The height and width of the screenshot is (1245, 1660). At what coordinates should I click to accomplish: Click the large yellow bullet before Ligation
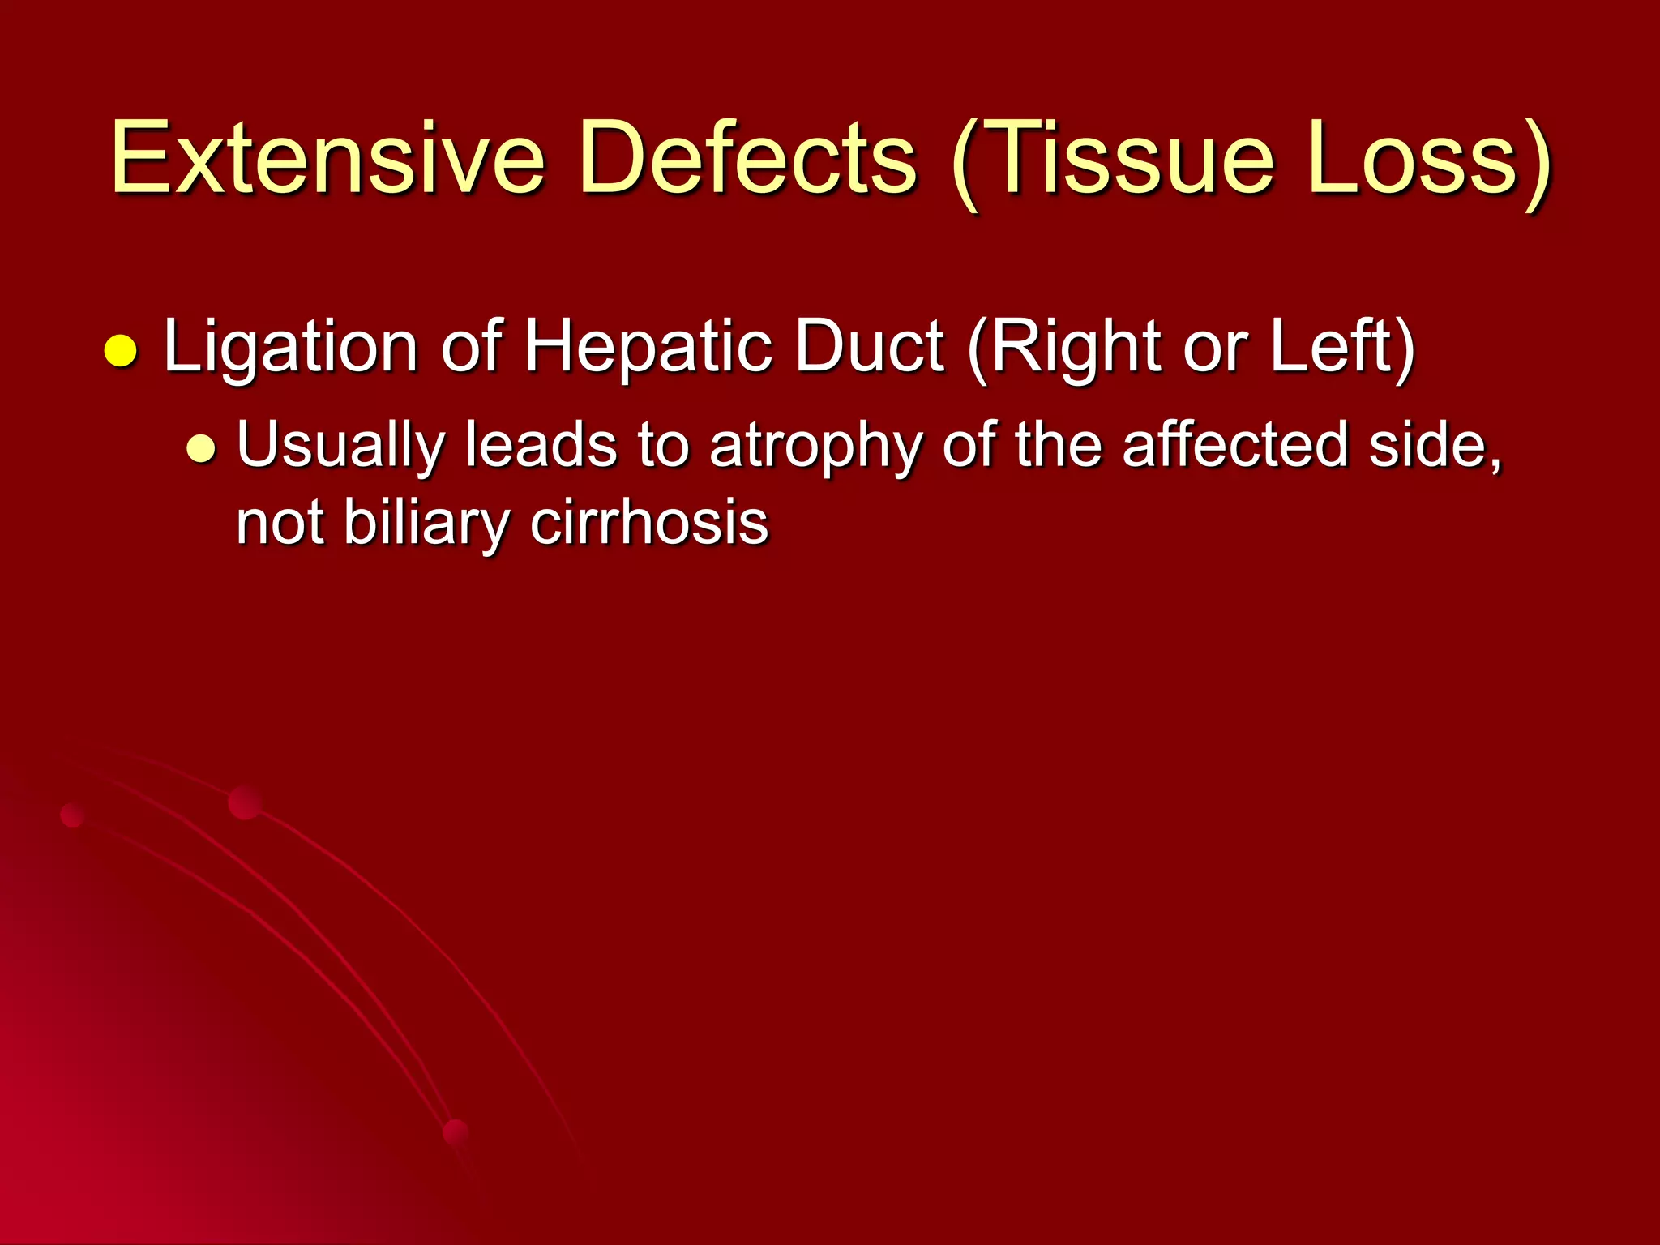121,351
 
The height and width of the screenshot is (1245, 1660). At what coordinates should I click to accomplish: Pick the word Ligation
290,348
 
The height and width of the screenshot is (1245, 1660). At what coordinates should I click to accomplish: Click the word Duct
869,346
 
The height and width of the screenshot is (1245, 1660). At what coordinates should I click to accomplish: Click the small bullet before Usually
201,448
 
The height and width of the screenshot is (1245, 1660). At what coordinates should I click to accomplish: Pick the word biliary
426,524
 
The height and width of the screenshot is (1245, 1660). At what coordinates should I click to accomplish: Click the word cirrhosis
648,522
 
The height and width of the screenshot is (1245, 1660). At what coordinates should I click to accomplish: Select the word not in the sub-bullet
280,524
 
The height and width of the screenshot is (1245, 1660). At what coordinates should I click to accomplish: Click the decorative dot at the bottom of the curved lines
456,1133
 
